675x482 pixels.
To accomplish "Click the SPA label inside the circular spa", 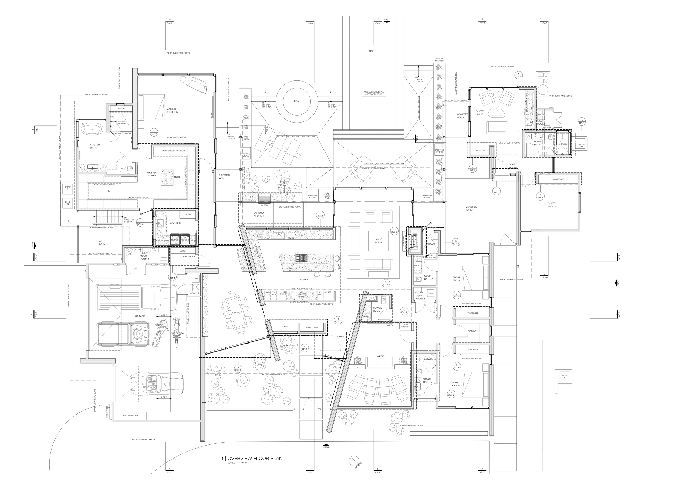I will pos(296,101).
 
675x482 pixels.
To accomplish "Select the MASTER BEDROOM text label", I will pos(172,110).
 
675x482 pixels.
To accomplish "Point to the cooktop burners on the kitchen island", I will pos(301,258).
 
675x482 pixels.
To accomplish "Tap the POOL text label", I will pos(371,51).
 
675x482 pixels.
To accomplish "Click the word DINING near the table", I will pos(236,313).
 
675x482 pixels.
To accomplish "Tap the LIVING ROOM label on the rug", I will pos(378,241).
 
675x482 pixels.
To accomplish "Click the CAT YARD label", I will pos(102,242).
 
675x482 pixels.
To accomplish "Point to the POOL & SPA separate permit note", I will pos(374,93).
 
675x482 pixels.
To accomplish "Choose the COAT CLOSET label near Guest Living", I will pos(480,151).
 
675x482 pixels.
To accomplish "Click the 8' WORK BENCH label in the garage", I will pos(130,416).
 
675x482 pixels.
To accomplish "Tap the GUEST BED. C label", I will pos(551,205).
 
